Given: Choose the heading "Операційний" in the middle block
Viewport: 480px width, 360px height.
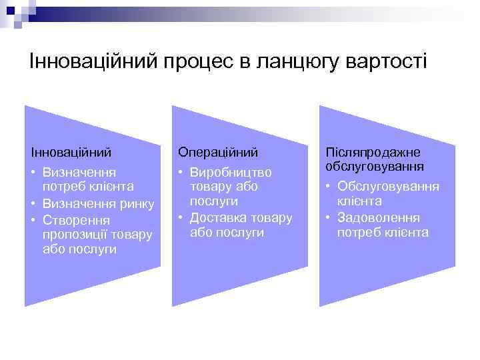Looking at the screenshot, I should tap(217, 153).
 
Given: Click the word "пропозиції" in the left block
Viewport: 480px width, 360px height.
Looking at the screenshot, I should tap(74, 234).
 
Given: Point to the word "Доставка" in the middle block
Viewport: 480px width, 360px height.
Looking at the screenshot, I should tap(217, 217).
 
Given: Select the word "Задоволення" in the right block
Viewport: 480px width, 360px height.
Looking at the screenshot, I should tap(378, 217).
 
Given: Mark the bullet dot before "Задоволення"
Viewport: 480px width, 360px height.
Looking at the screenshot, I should tap(329, 217).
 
